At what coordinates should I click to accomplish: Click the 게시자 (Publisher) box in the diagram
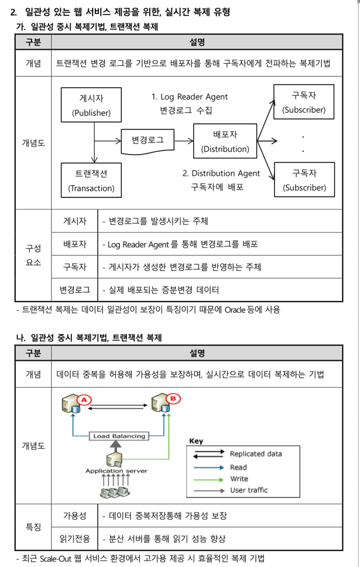91,105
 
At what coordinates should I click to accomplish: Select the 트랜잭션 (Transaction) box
91,180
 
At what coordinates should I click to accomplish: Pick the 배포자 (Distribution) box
225,141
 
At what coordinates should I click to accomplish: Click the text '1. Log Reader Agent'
189,97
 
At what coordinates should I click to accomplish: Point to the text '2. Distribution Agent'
221,173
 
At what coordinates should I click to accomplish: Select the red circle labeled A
83,400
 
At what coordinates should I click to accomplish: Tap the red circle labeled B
173,399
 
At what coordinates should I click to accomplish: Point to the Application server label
116,470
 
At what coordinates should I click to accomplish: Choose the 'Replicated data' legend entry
255,454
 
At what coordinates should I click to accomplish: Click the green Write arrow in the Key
209,479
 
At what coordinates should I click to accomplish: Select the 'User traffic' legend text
249,490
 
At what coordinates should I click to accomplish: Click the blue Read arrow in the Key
209,467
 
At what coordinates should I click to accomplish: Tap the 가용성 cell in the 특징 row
74,515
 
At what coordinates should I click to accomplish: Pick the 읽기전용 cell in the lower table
74,538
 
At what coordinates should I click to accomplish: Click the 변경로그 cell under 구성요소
74,289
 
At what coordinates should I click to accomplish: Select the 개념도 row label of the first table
33,142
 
